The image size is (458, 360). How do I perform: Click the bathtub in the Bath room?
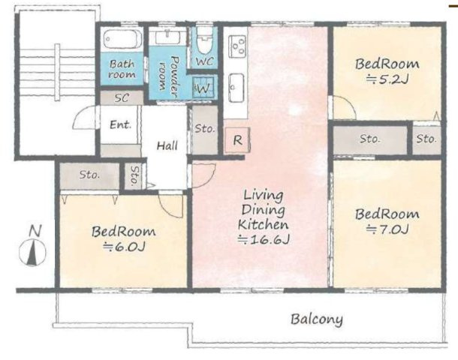pos(122,39)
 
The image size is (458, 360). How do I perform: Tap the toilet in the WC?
pos(204,40)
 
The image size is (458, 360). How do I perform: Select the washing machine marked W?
pos(203,87)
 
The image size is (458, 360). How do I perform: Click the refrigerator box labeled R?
pos(237,140)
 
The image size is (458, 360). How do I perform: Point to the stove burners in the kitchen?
pos(237,46)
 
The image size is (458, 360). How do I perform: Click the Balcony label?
pos(317,319)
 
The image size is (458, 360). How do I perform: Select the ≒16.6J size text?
pos(264,240)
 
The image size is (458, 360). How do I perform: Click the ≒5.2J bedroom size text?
pos(387,79)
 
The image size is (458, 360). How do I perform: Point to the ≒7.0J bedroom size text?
pos(387,229)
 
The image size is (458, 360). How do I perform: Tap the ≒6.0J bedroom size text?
pos(124,247)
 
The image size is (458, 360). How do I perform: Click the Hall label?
pos(167,145)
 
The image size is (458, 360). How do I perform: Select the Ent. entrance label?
pos(120,124)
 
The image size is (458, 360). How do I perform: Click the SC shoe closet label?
pos(122,97)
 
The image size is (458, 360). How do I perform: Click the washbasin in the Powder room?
pos(167,37)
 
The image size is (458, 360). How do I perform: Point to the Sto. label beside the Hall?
pos(205,128)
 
